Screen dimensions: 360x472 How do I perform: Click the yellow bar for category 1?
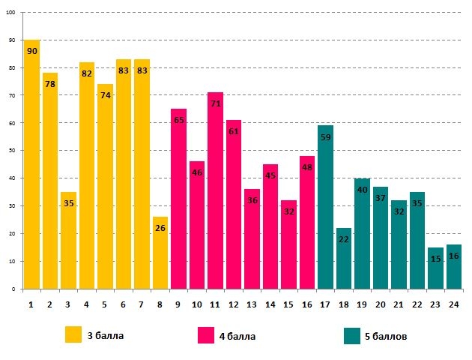[31, 165]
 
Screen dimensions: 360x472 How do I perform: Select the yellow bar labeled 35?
[68, 240]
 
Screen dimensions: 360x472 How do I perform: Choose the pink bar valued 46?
[197, 225]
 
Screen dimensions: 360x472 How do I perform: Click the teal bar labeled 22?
[344, 258]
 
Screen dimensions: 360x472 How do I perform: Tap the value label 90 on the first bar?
[31, 51]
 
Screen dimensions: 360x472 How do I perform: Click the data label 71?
[215, 103]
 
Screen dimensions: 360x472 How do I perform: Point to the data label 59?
[325, 136]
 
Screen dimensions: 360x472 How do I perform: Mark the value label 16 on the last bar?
[454, 256]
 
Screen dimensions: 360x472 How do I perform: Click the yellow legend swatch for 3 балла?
[73, 334]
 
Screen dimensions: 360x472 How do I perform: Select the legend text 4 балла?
[237, 336]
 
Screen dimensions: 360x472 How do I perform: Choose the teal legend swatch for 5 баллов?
[352, 334]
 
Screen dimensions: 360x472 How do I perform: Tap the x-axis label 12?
[234, 304]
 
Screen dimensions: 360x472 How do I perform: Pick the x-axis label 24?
[454, 304]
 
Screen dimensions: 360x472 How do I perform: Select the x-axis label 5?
[105, 304]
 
